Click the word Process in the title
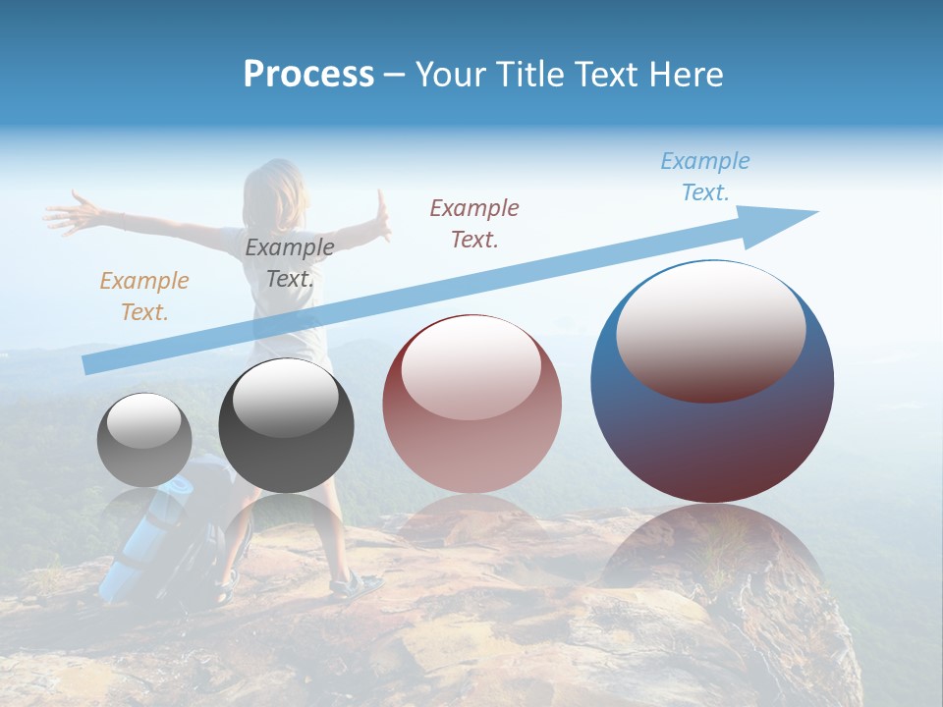308,75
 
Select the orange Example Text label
143,297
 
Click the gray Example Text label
289,263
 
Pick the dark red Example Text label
474,223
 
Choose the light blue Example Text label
704,177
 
